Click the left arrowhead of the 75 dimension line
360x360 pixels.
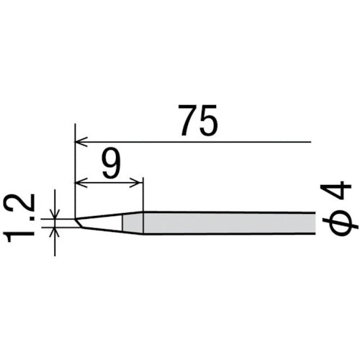[x=81, y=140]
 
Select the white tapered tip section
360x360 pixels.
[x=101, y=222]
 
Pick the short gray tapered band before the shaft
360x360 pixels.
[x=132, y=222]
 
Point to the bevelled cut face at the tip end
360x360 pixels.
[x=78, y=223]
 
